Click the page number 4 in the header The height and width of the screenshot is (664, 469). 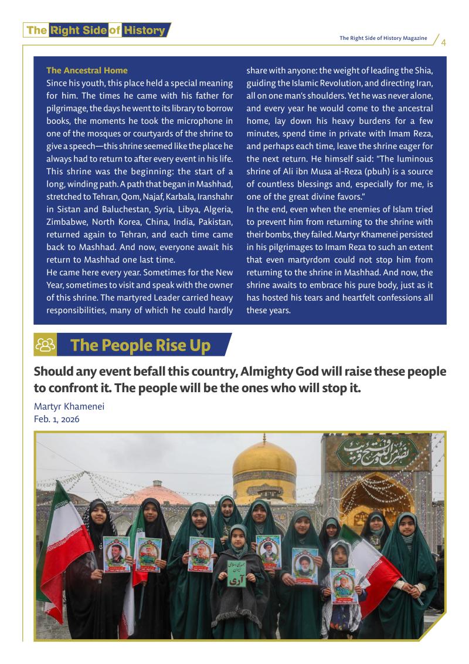[444, 42]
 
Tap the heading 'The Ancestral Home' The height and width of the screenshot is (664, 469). [87, 70]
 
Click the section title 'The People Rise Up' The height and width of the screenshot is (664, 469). [140, 345]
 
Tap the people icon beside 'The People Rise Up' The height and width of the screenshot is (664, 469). [46, 345]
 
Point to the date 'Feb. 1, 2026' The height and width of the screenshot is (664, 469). [56, 419]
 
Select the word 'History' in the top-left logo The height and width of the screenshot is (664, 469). [144, 31]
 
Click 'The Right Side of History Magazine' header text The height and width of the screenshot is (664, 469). [383, 38]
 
